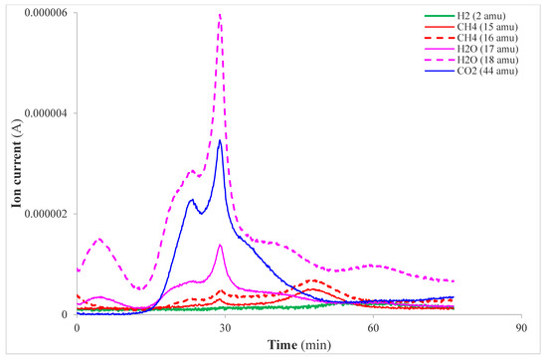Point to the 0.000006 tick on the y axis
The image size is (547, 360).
point(46,13)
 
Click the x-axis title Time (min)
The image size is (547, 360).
point(298,344)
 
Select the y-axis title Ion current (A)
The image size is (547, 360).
point(14,164)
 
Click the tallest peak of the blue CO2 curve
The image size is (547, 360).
point(220,140)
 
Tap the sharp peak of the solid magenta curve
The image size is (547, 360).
point(220,245)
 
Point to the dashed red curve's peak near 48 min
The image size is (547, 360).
point(313,280)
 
